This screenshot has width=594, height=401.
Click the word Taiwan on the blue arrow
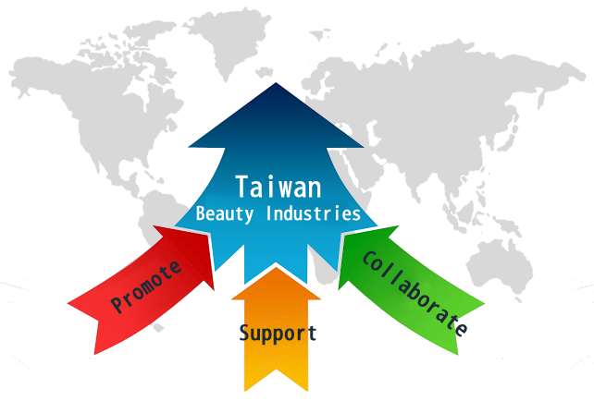(x=278, y=187)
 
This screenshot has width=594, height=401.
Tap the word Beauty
(x=224, y=213)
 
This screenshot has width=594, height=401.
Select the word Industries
(x=313, y=213)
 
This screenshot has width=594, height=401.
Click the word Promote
(x=146, y=286)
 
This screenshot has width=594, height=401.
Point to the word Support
(x=278, y=334)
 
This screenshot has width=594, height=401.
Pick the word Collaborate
(x=415, y=294)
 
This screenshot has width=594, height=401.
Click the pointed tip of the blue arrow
(x=276, y=83)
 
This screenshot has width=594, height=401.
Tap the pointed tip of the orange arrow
(x=276, y=268)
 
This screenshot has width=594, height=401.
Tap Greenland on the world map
(x=228, y=38)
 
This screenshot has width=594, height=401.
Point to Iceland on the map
(x=264, y=72)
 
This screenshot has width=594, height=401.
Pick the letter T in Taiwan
(x=241, y=186)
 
